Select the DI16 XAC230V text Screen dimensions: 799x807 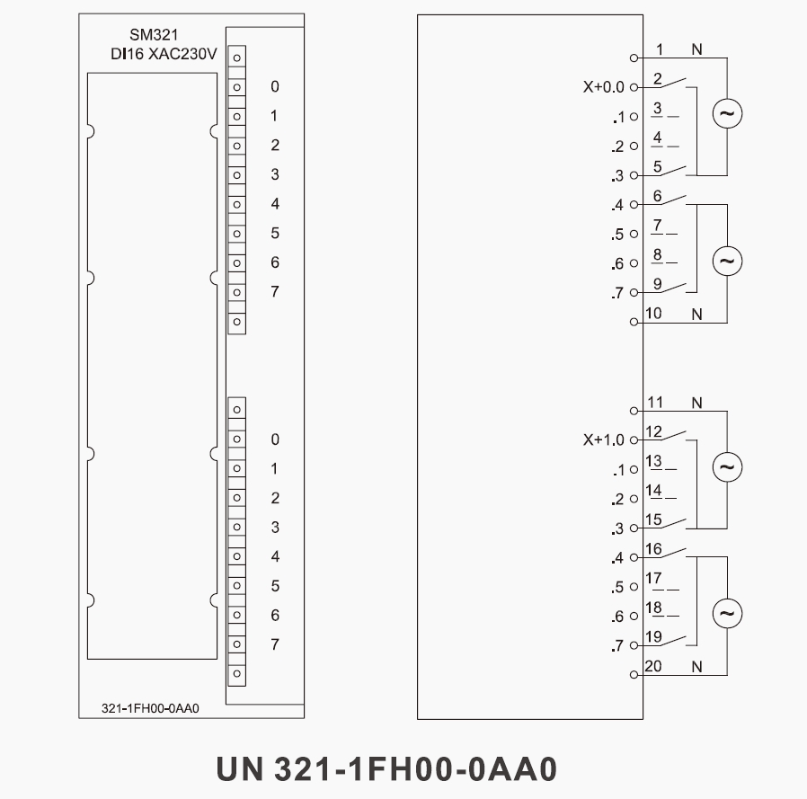158,55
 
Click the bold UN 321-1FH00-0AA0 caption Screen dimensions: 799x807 387,769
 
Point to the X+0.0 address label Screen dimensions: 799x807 602,87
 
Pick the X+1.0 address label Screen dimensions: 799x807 602,440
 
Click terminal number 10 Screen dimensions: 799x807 654,313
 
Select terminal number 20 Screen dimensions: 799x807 654,666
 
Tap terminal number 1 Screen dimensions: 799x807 660,49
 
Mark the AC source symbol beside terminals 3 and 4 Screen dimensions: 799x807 727,114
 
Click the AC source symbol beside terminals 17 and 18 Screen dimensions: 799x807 727,614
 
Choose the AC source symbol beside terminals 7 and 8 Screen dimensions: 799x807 727,261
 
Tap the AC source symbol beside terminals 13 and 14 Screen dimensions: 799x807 727,467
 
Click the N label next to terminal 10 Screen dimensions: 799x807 696,313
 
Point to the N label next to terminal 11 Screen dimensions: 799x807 696,402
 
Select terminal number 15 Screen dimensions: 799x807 654,519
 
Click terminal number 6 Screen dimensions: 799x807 658,196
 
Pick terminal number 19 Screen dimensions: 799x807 654,637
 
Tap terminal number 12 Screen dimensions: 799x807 654,432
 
